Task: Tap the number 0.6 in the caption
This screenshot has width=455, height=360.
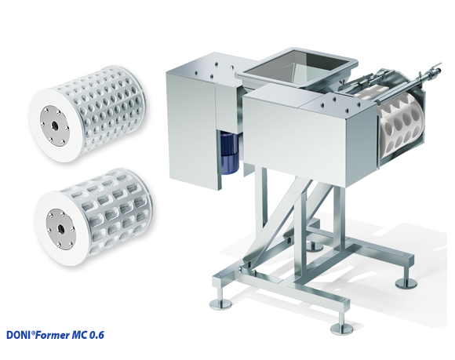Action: click(96, 335)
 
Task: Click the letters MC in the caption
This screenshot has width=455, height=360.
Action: click(79, 335)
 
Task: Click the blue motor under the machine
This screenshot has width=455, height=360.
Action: click(229, 153)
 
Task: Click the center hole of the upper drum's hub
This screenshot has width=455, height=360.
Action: click(54, 126)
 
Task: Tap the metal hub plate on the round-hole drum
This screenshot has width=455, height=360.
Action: click(55, 126)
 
